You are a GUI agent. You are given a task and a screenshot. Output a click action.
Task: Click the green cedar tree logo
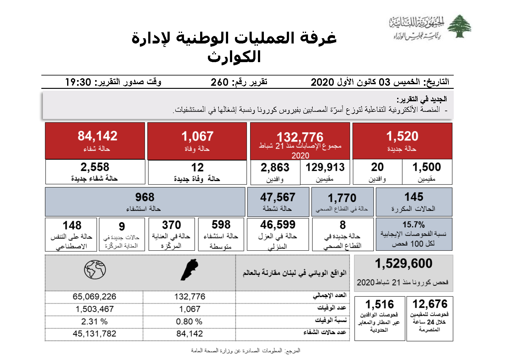[x=459, y=26]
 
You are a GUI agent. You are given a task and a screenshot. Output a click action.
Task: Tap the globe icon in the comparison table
[x=95, y=270]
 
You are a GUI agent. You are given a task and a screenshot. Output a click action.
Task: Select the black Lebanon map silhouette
[x=189, y=270]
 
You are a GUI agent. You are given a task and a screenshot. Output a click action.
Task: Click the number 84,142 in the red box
[x=97, y=136]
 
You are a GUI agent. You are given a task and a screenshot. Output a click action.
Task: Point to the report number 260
[x=219, y=82]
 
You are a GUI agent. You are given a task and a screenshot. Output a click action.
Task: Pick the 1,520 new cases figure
[x=402, y=136]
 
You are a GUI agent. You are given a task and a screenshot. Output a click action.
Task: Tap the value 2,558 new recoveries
[x=95, y=167]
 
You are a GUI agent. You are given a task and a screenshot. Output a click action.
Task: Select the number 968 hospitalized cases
[x=145, y=197]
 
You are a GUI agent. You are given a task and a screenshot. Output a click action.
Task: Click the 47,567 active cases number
[x=278, y=197]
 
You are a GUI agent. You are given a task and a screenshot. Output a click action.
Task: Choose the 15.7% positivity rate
[x=413, y=225]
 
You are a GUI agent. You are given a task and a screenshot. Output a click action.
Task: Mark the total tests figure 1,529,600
[x=403, y=263]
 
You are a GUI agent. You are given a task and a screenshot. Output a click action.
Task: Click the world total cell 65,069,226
[x=94, y=297]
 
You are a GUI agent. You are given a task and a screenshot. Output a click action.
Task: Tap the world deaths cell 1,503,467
[x=94, y=309]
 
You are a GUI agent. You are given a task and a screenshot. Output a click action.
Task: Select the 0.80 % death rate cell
[x=189, y=321]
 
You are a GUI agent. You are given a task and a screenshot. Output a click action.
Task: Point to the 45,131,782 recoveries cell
[x=94, y=334]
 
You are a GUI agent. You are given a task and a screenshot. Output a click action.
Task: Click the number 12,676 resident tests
[x=430, y=304]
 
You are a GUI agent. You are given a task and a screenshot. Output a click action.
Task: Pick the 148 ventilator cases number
[x=72, y=225]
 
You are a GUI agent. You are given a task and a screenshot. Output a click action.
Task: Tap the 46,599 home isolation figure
[x=278, y=225]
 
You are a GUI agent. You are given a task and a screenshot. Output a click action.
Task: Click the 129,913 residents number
[x=325, y=167]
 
